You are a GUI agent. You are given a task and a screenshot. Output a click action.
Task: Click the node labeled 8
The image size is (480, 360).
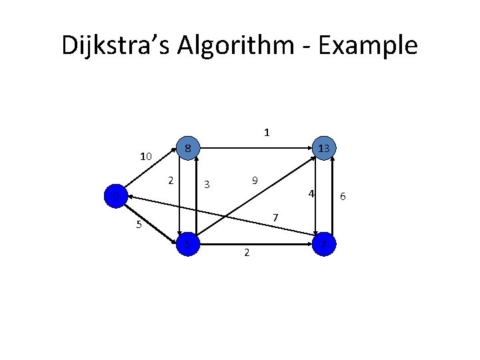pyautogui.click(x=189, y=147)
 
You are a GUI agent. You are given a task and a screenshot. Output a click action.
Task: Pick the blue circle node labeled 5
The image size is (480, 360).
pyautogui.click(x=189, y=245)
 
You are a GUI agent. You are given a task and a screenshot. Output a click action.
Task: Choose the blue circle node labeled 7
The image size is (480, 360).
pyautogui.click(x=324, y=245)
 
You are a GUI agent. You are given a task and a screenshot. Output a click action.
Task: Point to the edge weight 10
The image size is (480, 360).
pyautogui.click(x=146, y=157)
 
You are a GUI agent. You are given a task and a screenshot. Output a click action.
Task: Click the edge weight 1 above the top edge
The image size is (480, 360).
pyautogui.click(x=267, y=132)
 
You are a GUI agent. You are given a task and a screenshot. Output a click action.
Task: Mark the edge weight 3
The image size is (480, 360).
pyautogui.click(x=207, y=184)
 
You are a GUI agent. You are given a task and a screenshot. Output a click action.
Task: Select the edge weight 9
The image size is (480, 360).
pyautogui.click(x=255, y=181)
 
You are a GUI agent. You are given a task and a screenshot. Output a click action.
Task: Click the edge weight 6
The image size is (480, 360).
pyautogui.click(x=343, y=196)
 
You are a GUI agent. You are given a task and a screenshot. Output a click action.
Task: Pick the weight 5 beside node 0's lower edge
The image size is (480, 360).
pyautogui.click(x=139, y=225)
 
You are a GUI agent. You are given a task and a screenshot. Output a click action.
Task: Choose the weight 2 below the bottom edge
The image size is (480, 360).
pyautogui.click(x=247, y=253)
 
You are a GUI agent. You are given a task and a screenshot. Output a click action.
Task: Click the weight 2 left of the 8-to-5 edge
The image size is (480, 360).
pyautogui.click(x=171, y=180)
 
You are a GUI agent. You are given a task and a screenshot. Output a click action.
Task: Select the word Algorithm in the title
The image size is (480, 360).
pyautogui.click(x=227, y=45)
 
